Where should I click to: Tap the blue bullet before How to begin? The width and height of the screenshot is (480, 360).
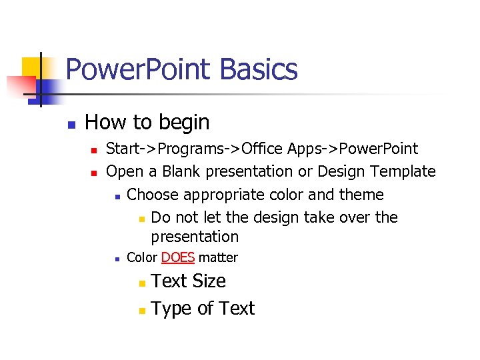click(71, 124)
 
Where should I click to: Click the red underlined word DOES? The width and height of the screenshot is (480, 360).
click(177, 257)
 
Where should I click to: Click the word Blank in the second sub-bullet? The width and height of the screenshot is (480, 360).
click(179, 171)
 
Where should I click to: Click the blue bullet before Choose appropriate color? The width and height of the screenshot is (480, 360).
click(116, 196)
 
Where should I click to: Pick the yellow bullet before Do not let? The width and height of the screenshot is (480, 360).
click(141, 219)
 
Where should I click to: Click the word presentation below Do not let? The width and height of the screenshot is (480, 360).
click(195, 237)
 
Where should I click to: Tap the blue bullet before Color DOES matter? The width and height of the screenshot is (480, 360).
click(116, 259)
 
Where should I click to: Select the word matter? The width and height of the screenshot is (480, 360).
click(218, 257)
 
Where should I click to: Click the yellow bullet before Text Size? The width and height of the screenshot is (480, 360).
click(141, 283)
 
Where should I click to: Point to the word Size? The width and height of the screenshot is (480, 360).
click(209, 281)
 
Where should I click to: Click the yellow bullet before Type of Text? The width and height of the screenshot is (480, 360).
click(141, 311)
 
